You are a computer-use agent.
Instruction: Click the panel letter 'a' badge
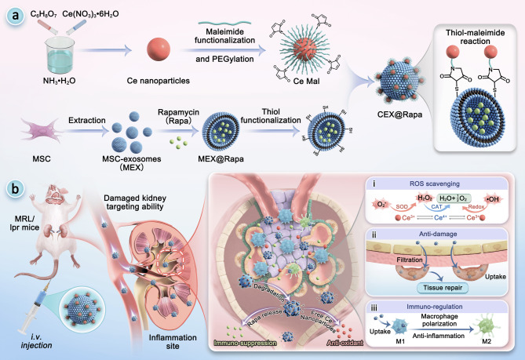click(16, 16)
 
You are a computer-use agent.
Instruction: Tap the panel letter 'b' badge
click(16, 189)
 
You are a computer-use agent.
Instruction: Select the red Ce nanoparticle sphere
click(159, 49)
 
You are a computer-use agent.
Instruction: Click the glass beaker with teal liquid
click(60, 55)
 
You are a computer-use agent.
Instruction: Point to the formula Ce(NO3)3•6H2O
click(90, 14)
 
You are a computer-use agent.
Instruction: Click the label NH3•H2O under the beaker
click(60, 81)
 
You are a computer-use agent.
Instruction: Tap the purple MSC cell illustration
click(41, 131)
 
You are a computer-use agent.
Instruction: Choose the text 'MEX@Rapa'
click(221, 158)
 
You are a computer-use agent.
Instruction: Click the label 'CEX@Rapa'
click(399, 115)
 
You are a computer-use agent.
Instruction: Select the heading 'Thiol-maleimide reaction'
click(475, 37)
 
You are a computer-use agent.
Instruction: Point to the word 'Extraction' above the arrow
click(87, 120)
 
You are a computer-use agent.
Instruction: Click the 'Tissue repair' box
click(443, 288)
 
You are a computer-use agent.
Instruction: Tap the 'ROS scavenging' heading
click(435, 184)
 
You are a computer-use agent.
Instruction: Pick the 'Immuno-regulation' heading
click(435, 307)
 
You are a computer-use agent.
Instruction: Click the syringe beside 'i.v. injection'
click(35, 307)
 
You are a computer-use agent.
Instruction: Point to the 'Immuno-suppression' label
click(245, 343)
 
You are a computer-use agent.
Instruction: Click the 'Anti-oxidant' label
click(345, 343)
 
